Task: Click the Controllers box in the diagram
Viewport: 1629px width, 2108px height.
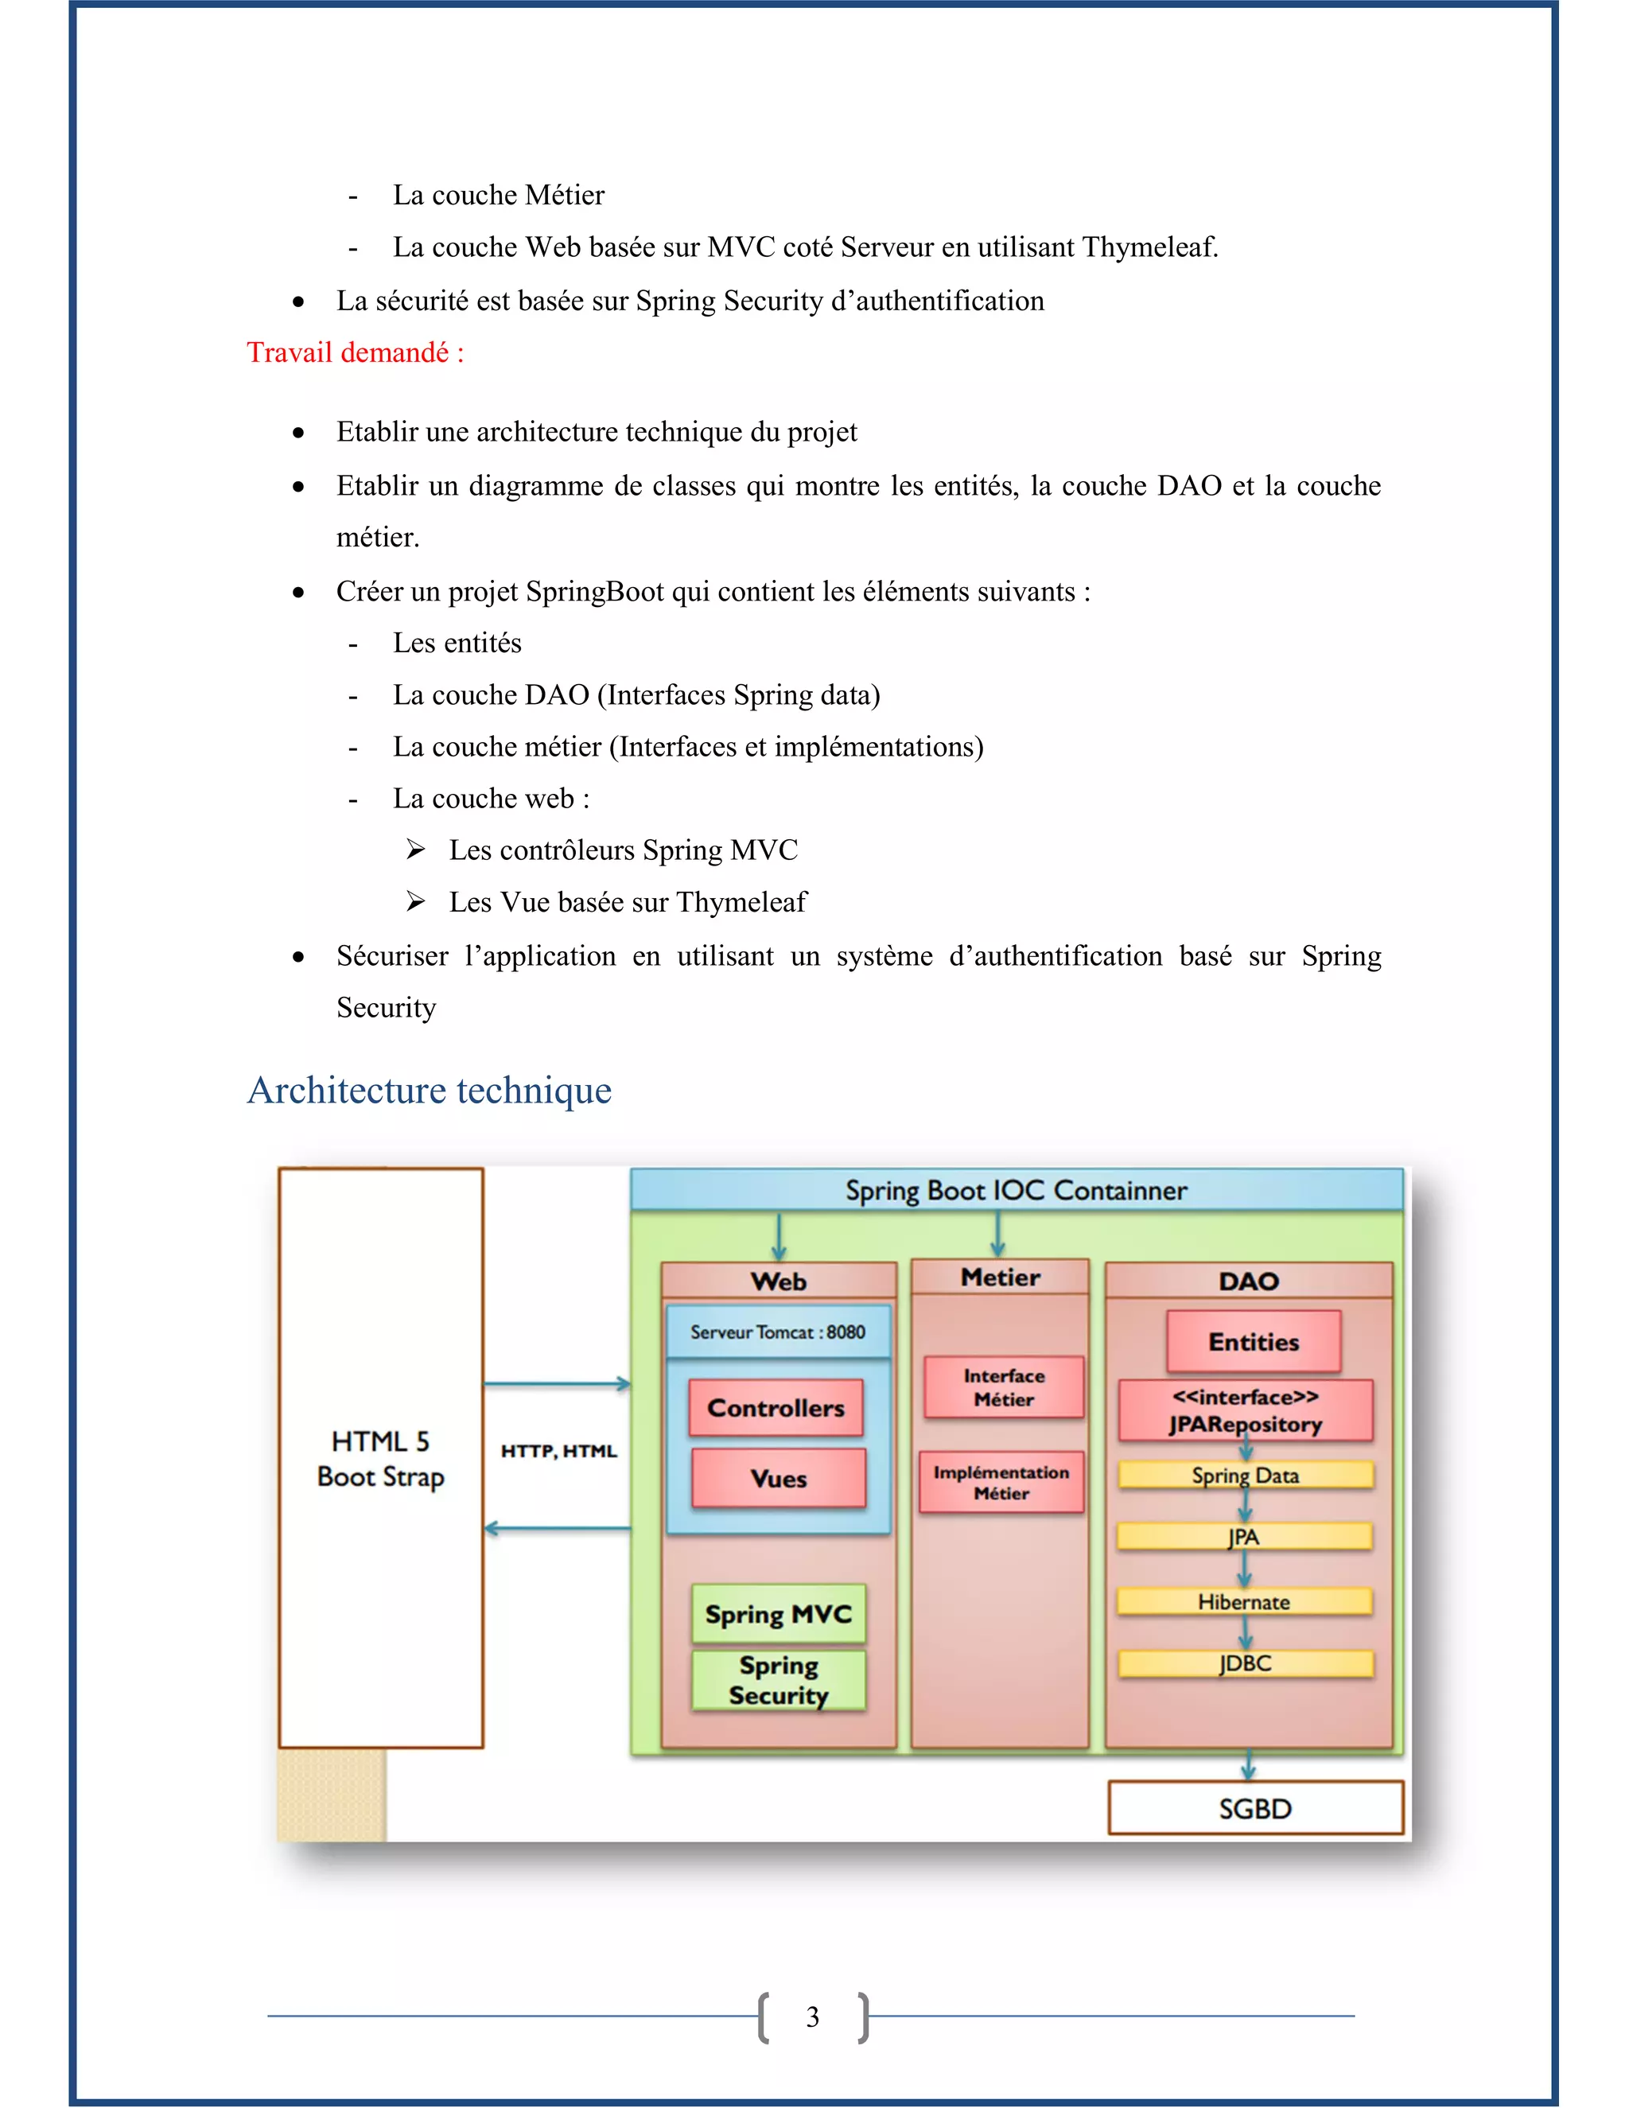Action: [x=776, y=1407]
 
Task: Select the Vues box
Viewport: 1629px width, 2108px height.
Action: [x=778, y=1478]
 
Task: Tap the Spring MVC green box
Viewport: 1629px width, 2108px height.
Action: [x=778, y=1614]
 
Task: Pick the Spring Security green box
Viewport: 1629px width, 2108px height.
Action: [x=778, y=1680]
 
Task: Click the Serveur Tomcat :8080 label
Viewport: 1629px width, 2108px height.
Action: [x=778, y=1332]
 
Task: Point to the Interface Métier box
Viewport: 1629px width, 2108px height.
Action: [x=1004, y=1387]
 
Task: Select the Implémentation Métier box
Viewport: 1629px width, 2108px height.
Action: [x=1001, y=1482]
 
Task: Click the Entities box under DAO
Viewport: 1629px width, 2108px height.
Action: [x=1254, y=1342]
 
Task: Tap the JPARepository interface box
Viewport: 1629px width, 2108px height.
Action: [x=1245, y=1410]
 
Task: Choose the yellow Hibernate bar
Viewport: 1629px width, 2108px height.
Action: [x=1244, y=1602]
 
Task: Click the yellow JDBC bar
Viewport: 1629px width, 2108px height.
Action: [x=1245, y=1663]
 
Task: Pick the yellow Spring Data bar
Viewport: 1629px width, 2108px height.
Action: [x=1245, y=1475]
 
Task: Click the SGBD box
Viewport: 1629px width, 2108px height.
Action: [x=1254, y=1808]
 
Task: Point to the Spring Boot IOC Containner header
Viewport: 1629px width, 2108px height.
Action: [x=1017, y=1190]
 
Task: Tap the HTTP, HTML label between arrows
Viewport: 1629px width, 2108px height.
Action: [x=558, y=1451]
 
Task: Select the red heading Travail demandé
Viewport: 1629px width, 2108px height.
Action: [x=355, y=352]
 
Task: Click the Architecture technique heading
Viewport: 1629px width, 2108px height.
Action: [x=430, y=1090]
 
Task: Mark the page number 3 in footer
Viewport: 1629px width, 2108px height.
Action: [x=813, y=2017]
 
